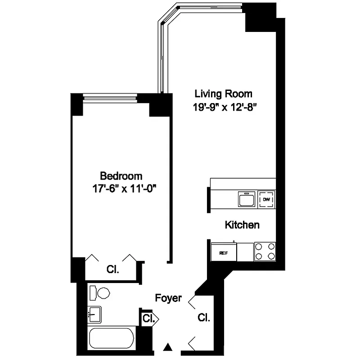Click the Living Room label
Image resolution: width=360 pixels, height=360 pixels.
(223, 94)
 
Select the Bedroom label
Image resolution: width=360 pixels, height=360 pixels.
(121, 175)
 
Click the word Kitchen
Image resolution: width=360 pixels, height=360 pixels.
(242, 225)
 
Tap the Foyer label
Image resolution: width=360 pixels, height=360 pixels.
(168, 297)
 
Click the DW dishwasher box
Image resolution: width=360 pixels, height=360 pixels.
(266, 199)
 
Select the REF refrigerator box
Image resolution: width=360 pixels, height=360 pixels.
(224, 252)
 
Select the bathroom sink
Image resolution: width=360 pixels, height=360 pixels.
(94, 314)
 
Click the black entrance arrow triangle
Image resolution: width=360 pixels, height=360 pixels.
(168, 347)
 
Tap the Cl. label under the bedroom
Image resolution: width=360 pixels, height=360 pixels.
(112, 270)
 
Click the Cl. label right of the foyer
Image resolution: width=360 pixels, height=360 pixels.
(203, 318)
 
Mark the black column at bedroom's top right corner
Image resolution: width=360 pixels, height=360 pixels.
(160, 105)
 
